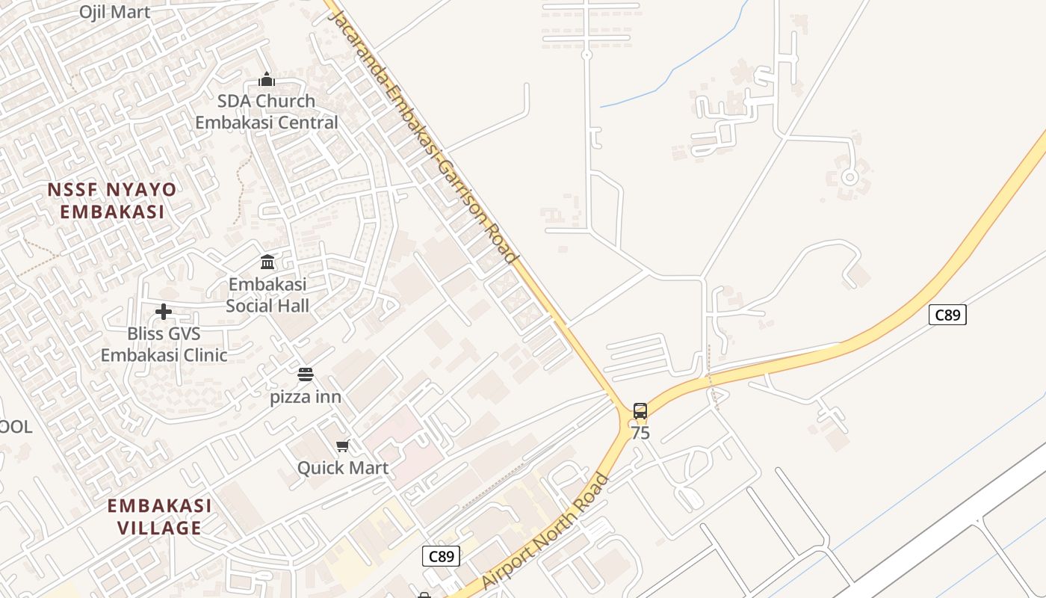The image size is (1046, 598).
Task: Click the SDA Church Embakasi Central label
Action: (x=267, y=111)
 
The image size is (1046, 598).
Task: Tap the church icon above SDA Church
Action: (x=267, y=79)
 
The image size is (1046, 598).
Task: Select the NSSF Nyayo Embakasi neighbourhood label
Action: (x=112, y=200)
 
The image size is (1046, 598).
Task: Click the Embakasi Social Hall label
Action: (x=267, y=295)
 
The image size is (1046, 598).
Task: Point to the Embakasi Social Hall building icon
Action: (x=267, y=262)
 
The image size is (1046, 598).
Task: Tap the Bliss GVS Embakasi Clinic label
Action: (x=164, y=344)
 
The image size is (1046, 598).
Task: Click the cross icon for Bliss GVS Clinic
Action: (x=164, y=312)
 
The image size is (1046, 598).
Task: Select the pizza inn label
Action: (x=306, y=397)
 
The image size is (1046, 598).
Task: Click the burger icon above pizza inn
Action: (x=305, y=374)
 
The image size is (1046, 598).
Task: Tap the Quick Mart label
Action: (x=343, y=468)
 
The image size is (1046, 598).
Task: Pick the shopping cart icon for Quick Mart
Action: (x=342, y=446)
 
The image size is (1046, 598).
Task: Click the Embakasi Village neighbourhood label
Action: (x=159, y=517)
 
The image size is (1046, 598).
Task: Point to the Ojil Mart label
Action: (x=115, y=12)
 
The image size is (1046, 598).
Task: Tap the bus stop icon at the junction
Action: (x=640, y=410)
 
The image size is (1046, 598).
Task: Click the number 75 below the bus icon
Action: (x=640, y=433)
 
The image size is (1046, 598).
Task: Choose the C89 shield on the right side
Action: (x=947, y=315)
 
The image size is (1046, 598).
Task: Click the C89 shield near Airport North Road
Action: (x=441, y=556)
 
